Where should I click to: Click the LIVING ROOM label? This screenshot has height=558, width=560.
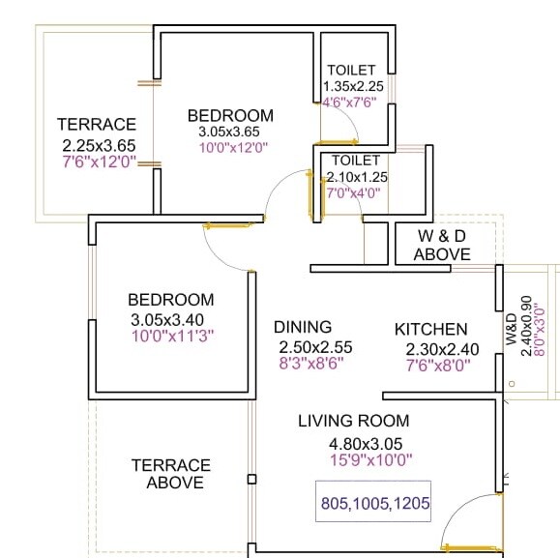pyautogui.click(x=353, y=421)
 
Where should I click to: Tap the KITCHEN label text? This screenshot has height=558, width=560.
pyautogui.click(x=430, y=330)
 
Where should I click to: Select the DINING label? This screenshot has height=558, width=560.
pyautogui.click(x=302, y=327)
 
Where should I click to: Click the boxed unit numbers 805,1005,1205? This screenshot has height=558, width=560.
pyautogui.click(x=374, y=503)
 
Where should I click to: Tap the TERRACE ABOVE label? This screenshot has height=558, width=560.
pyautogui.click(x=170, y=474)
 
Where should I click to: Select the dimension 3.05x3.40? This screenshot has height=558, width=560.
pyautogui.click(x=172, y=320)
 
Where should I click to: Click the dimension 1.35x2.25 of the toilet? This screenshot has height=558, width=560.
pyautogui.click(x=353, y=86)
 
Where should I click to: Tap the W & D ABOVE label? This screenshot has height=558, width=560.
pyautogui.click(x=442, y=246)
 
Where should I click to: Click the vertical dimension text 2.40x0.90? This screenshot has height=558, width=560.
pyautogui.click(x=526, y=326)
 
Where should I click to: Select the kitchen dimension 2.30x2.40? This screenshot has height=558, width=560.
pyautogui.click(x=431, y=348)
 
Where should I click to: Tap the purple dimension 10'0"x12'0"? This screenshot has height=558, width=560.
pyautogui.click(x=232, y=148)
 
